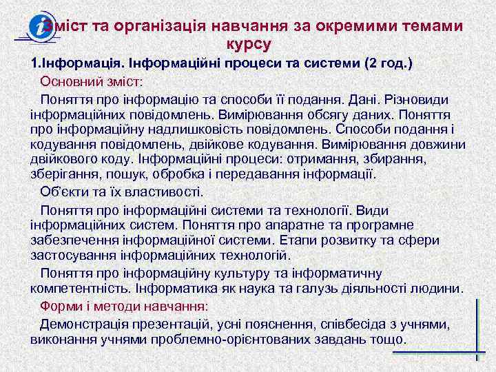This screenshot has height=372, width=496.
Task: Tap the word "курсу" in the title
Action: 249,45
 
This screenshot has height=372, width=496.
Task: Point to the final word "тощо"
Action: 389,339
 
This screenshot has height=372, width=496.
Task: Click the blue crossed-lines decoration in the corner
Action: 477,331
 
